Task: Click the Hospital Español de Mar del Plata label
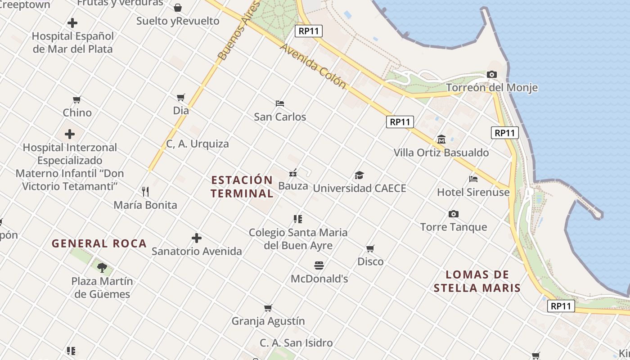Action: click(x=72, y=42)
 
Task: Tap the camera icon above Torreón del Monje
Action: click(x=492, y=74)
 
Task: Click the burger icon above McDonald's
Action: click(x=319, y=265)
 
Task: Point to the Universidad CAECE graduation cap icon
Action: click(x=359, y=175)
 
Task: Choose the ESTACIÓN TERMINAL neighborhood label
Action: click(x=242, y=187)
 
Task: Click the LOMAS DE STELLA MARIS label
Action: click(x=477, y=281)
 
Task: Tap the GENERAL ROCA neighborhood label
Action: click(x=99, y=244)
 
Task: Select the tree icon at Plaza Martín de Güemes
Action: click(x=102, y=268)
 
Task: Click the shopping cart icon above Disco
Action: click(x=370, y=248)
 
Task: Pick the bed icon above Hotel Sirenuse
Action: click(x=473, y=179)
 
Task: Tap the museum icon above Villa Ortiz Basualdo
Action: click(x=441, y=139)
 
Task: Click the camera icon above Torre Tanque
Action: click(x=454, y=214)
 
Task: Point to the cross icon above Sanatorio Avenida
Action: click(x=197, y=238)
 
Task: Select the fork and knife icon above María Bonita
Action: click(x=145, y=192)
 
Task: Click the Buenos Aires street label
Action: click(x=239, y=31)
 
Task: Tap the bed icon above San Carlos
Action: click(x=280, y=103)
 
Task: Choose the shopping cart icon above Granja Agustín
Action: click(x=268, y=308)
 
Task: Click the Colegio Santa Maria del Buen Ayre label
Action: click(x=298, y=239)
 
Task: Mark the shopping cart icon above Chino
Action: click(x=77, y=99)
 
